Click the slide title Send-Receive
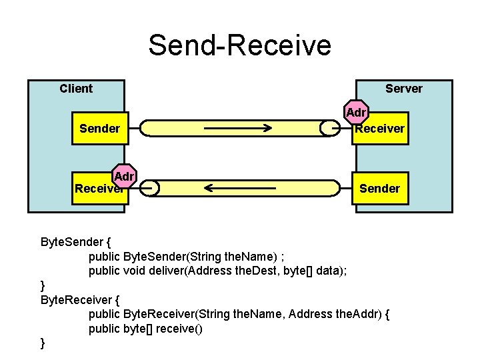[x=239, y=45]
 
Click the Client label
[x=76, y=89]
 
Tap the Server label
[x=403, y=89]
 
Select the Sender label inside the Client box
[x=99, y=128]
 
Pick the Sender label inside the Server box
[x=379, y=189]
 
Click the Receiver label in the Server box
[x=379, y=129]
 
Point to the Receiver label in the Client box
[x=98, y=189]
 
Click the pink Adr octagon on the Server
[x=356, y=113]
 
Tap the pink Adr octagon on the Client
[x=124, y=176]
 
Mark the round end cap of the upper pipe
[x=329, y=128]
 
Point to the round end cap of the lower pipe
[x=149, y=189]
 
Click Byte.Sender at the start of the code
[x=71, y=241]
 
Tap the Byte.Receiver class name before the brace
[x=76, y=299]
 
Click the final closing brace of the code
[x=43, y=343]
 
